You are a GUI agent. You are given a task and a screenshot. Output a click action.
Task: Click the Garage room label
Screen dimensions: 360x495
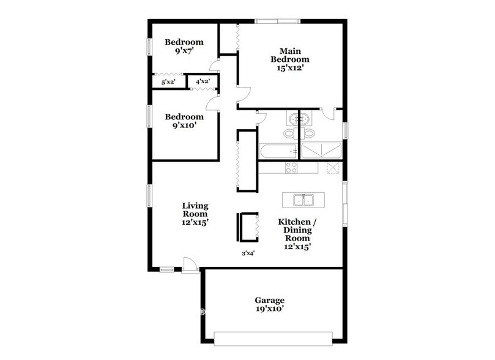coord(270,300)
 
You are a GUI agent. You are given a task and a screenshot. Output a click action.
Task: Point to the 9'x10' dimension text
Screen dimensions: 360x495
coord(184,126)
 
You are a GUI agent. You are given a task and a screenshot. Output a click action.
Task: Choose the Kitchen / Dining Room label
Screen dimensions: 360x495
coord(296,230)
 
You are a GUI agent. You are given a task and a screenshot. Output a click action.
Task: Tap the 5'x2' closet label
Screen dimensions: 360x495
coord(168,81)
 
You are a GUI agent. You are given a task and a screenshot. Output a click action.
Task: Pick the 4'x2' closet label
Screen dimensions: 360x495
coord(203,81)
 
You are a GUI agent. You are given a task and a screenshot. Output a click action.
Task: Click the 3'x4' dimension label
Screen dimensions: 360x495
coord(247,253)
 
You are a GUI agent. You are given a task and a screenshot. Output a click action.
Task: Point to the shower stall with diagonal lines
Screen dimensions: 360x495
coord(321,151)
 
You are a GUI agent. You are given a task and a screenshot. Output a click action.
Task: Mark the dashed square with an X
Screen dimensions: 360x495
coord(332,167)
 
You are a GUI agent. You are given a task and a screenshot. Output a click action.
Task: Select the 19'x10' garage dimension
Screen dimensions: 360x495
coord(270,310)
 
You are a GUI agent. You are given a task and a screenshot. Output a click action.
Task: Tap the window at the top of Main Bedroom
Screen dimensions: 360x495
coord(275,21)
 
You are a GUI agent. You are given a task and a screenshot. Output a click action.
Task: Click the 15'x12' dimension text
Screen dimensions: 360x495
coord(291,69)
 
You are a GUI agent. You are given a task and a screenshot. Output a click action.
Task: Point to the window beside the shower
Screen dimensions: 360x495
coord(345,130)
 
